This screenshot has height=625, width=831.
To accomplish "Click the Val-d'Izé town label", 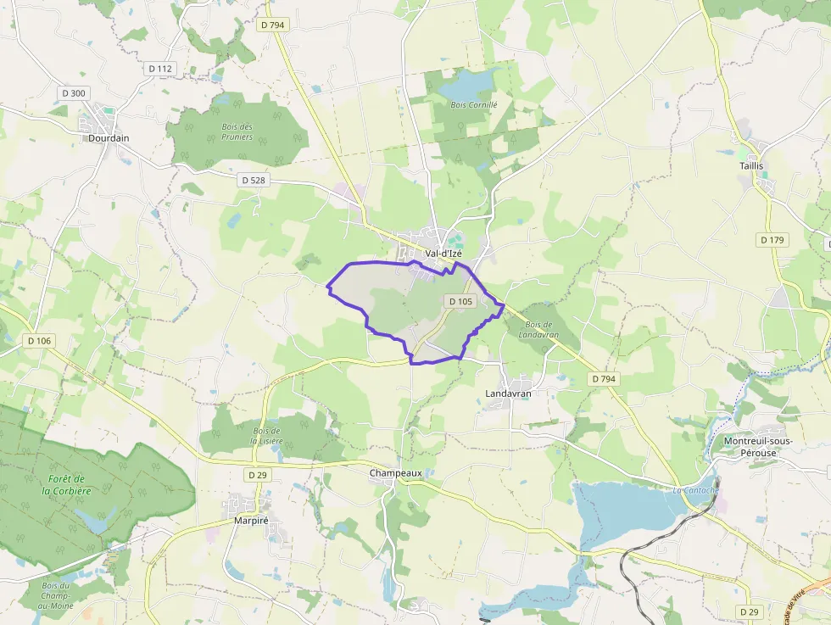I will click(x=443, y=253).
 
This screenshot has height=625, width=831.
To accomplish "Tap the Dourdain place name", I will click(x=109, y=137).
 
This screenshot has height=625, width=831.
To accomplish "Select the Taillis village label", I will click(x=750, y=166).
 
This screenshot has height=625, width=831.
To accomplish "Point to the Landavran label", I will click(x=508, y=393).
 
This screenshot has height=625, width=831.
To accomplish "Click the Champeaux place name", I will click(x=395, y=473).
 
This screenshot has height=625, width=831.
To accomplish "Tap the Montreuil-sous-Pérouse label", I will click(x=757, y=446).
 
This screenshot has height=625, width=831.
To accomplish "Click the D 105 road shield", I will click(x=460, y=301).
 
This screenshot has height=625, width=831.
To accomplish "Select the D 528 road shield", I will click(x=254, y=180).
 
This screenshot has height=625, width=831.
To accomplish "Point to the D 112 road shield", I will click(x=159, y=69).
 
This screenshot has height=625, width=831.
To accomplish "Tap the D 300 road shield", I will click(x=74, y=92).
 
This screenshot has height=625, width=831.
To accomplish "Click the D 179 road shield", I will click(x=772, y=240).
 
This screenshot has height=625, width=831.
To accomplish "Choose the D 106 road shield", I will click(x=39, y=341).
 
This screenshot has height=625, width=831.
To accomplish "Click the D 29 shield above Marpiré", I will click(x=258, y=475).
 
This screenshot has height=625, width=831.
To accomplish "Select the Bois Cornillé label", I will click(x=474, y=105).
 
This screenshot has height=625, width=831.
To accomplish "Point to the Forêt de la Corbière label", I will click(x=70, y=485).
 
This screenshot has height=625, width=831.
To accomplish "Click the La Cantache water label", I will click(x=696, y=490).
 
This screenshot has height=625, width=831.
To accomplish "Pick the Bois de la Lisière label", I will click(x=265, y=436).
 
